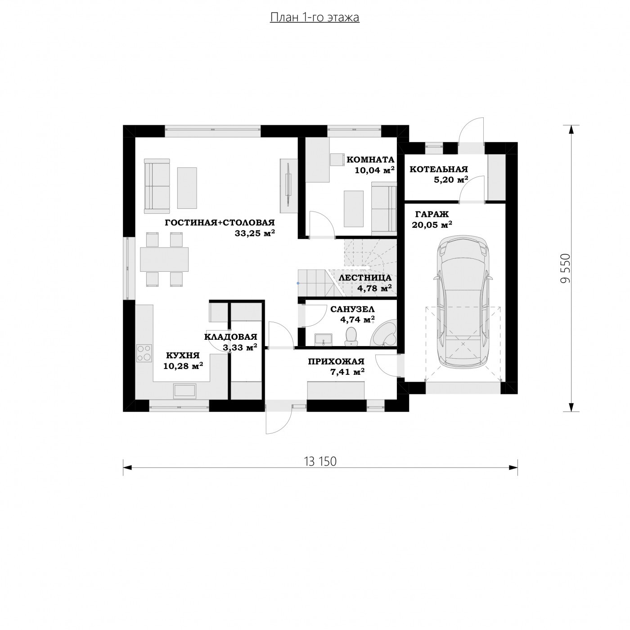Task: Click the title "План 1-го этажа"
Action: [315, 18]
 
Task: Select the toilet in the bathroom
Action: [351, 336]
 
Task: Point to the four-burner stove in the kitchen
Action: [144, 353]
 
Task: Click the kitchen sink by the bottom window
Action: [184, 391]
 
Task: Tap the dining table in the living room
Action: [164, 259]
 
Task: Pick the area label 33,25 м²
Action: [255, 233]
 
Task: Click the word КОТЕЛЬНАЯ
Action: [439, 169]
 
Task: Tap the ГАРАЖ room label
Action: [432, 214]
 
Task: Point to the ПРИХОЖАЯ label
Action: [336, 362]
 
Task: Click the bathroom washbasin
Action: [324, 340]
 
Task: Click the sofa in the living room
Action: [157, 186]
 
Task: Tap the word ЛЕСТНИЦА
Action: [365, 278]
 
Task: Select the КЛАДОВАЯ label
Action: [231, 337]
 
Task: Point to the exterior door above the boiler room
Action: [472, 131]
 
